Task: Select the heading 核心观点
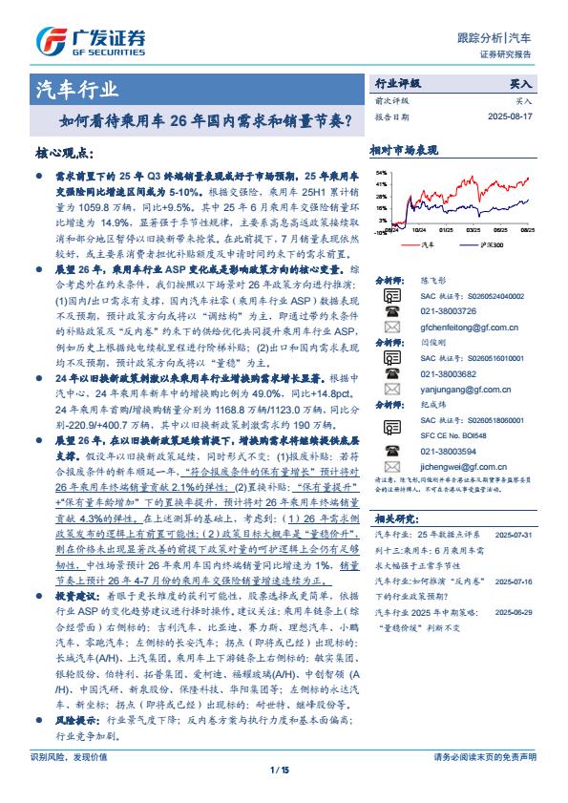coord(62,153)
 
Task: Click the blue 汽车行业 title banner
coord(76,91)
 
